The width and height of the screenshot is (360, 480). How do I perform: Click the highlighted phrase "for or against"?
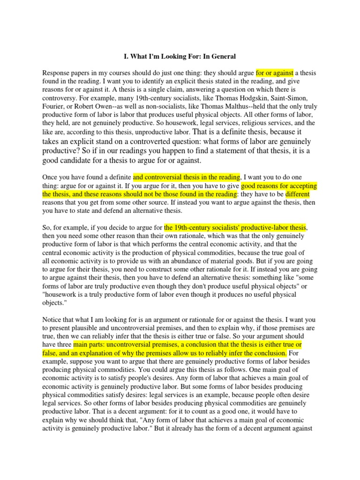tap(275, 73)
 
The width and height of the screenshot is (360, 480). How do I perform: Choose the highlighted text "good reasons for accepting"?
tap(279, 186)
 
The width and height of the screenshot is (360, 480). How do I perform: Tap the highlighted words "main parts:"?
tap(92, 345)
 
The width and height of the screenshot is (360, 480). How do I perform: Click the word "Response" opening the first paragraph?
tap(57, 73)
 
